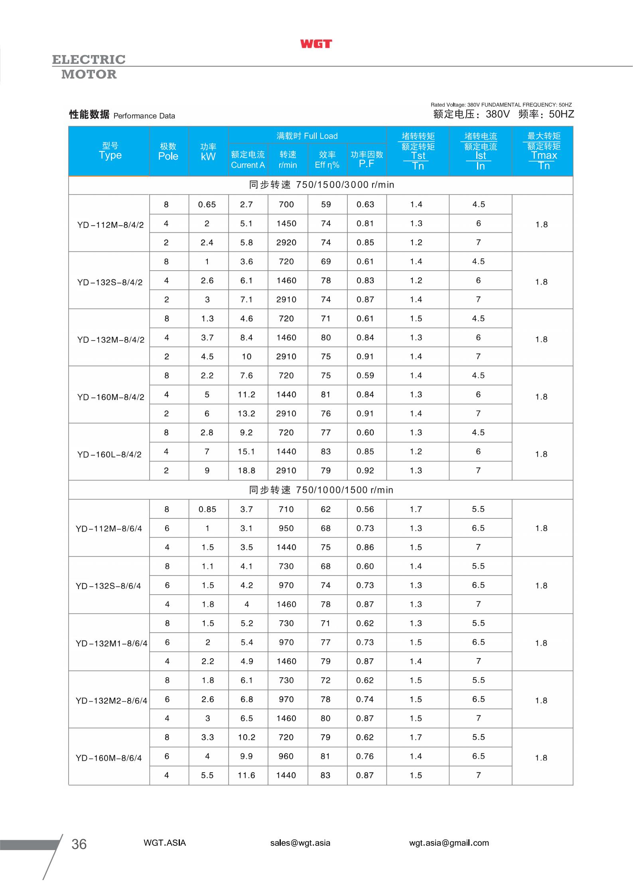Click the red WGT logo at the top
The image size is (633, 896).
point(316,44)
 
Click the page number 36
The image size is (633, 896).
point(79,844)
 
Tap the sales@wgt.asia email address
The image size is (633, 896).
point(300,843)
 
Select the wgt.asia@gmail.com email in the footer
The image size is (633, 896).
point(449,843)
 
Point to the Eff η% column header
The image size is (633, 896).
point(327,160)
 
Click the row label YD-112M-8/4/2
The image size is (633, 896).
point(110,225)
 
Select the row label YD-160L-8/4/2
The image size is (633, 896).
point(109,455)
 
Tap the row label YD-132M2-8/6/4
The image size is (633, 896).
point(111,701)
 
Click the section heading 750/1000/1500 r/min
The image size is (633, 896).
point(321,490)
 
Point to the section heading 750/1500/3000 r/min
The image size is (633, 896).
point(321,185)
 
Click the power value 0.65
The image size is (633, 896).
point(207,205)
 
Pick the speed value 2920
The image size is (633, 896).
point(286,243)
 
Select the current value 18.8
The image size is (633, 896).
point(246,471)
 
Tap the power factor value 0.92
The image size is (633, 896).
point(365,471)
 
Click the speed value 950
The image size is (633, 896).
point(286,528)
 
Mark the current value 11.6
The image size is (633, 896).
point(246,775)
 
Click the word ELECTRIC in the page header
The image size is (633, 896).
point(89,60)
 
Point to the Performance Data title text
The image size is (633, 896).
point(144,116)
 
